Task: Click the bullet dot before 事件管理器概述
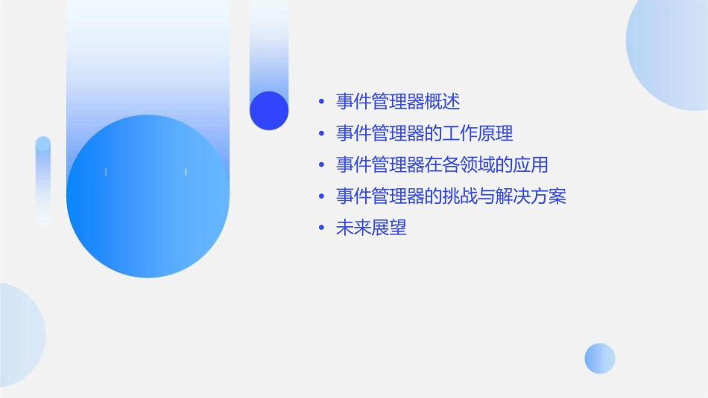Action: point(321,102)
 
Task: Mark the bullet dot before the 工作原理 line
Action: point(321,135)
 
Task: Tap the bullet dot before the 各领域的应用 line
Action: point(321,166)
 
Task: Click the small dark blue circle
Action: point(269,110)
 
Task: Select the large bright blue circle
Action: point(148,196)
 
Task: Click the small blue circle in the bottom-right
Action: point(600,359)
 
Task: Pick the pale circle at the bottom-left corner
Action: point(19,335)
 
